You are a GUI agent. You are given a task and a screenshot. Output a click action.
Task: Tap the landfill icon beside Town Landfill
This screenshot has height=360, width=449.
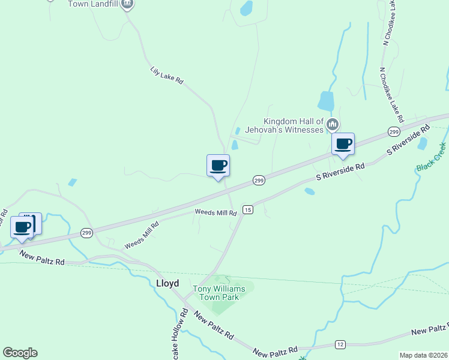click(x=127, y=4)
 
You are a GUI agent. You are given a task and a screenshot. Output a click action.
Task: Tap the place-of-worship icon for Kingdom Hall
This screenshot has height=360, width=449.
click(x=333, y=125)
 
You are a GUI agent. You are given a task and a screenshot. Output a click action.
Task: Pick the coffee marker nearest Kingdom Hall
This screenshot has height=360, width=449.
click(x=343, y=145)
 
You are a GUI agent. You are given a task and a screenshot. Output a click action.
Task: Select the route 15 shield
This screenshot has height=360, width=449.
click(x=248, y=209)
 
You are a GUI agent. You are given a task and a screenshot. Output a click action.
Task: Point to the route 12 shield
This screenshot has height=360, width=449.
click(x=340, y=344)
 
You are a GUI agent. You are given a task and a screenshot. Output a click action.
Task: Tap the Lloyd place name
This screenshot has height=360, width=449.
click(x=167, y=283)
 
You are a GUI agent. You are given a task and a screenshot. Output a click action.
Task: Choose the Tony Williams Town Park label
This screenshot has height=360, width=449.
click(x=218, y=293)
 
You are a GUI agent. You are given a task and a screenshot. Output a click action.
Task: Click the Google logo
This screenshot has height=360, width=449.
click(x=20, y=353)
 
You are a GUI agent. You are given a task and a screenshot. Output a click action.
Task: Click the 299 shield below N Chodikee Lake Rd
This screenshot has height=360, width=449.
click(x=394, y=131)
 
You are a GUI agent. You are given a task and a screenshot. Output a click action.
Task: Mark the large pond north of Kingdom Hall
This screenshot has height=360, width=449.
click(x=326, y=101)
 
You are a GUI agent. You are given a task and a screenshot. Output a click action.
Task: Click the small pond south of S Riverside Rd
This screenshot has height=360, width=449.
click(x=310, y=191)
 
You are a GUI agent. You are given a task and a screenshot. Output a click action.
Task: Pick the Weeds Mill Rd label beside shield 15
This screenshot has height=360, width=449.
click(x=215, y=212)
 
